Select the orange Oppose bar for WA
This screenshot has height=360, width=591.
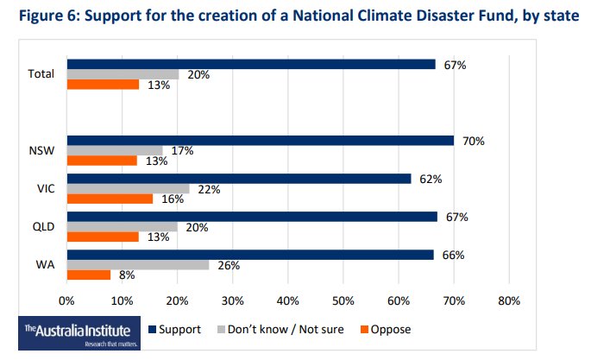(x=89, y=275)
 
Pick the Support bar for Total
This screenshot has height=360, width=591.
(x=251, y=63)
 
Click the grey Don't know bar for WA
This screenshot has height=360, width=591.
(x=138, y=265)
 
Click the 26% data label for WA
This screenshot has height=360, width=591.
(x=228, y=266)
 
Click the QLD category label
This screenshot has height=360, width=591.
(x=42, y=227)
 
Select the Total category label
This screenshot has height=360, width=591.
(x=40, y=74)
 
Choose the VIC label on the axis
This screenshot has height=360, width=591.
(x=44, y=189)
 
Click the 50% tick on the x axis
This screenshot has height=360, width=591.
(x=343, y=302)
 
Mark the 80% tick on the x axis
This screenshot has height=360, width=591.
(x=508, y=302)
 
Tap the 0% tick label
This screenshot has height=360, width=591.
(x=66, y=302)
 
